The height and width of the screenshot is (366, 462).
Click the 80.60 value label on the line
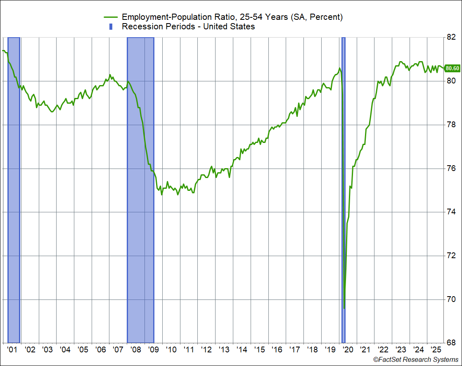coord(453,68)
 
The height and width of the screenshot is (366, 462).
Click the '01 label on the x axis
coord(12,349)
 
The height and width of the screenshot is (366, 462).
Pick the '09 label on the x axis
coord(154,349)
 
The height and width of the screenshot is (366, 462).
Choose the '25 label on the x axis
coord(436,349)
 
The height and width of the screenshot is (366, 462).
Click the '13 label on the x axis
coord(224,349)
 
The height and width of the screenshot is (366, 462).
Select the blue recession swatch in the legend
coord(111,27)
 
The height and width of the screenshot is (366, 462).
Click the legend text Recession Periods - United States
coord(188,27)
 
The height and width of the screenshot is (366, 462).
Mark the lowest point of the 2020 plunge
coord(344,308)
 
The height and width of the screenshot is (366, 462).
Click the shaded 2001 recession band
coord(14,190)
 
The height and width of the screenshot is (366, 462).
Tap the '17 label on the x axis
coord(295,349)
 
